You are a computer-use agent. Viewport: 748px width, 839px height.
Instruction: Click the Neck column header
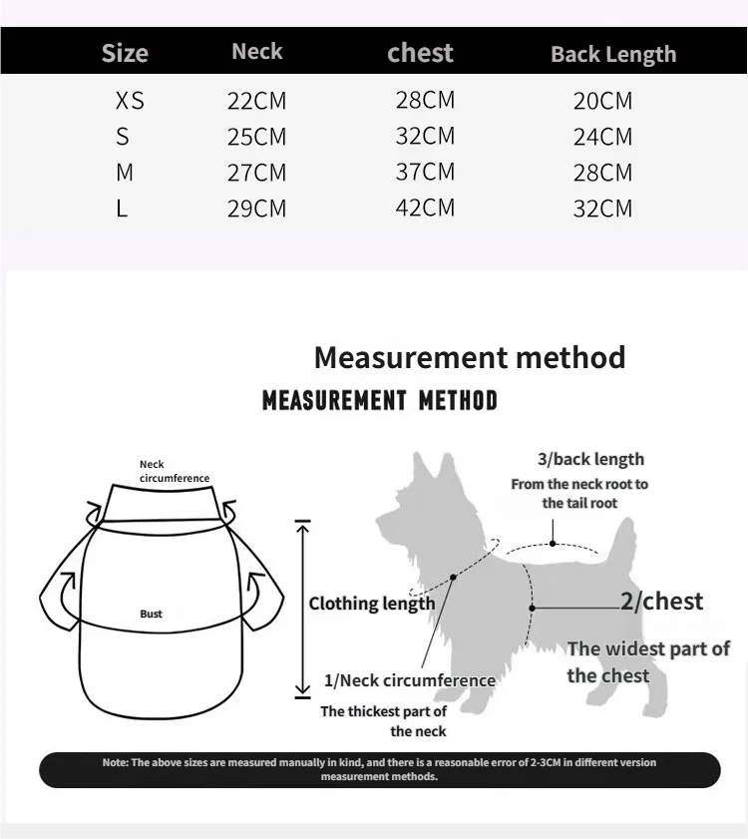[257, 52]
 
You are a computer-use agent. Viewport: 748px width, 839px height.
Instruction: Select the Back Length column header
[613, 55]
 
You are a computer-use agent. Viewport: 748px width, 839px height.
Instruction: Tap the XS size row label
[130, 101]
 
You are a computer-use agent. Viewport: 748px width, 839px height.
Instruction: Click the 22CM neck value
[256, 101]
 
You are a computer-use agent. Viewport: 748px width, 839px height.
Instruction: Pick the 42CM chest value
[425, 208]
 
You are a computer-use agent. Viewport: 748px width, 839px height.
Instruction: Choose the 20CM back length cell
[602, 101]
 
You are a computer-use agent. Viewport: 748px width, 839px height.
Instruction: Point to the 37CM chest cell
[425, 172]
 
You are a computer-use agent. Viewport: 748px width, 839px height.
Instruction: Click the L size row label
[122, 209]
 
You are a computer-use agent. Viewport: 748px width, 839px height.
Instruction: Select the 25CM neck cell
[256, 137]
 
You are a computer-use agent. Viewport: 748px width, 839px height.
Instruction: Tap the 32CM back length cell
[602, 209]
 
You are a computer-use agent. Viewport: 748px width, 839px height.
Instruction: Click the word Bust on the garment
[151, 614]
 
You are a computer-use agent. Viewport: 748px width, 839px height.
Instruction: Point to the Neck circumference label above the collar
[175, 471]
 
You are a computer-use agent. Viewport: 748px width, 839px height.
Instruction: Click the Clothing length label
[372, 604]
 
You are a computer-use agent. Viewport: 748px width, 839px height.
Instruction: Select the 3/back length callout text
[590, 459]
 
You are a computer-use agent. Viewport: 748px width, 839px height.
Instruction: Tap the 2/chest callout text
[661, 602]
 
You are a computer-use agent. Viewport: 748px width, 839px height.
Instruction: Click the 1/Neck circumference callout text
[410, 680]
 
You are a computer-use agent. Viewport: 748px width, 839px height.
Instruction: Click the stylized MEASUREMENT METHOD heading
[379, 401]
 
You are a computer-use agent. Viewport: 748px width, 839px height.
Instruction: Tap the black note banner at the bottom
[379, 769]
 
